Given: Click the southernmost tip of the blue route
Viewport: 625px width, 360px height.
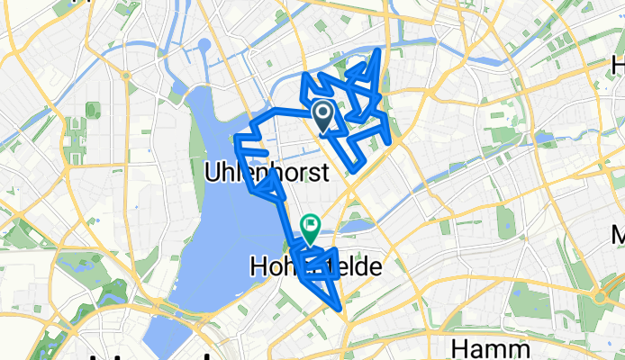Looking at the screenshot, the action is (340, 309).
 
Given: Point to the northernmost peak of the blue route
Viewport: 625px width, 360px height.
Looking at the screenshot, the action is (379, 49).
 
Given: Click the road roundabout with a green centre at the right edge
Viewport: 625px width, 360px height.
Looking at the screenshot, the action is (600, 296).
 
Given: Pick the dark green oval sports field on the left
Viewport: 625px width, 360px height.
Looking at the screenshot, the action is (91, 110).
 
